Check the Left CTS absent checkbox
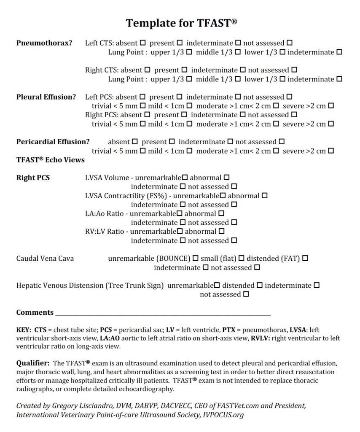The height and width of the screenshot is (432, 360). tap(143, 43)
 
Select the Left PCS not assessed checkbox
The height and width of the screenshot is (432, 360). tap(289, 97)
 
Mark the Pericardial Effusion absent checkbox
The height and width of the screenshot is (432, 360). tap(134, 142)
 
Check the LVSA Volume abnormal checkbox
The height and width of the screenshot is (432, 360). tap(227, 178)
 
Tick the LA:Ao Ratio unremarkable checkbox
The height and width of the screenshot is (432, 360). tap(180, 213)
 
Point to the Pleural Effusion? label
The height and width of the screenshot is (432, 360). tap(46, 97)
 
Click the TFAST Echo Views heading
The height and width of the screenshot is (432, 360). tap(50, 160)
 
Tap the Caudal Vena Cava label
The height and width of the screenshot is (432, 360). tap(45, 258)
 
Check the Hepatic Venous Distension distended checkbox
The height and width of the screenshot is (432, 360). tap(260, 286)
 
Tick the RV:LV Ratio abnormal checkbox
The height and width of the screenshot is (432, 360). tap(221, 231)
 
